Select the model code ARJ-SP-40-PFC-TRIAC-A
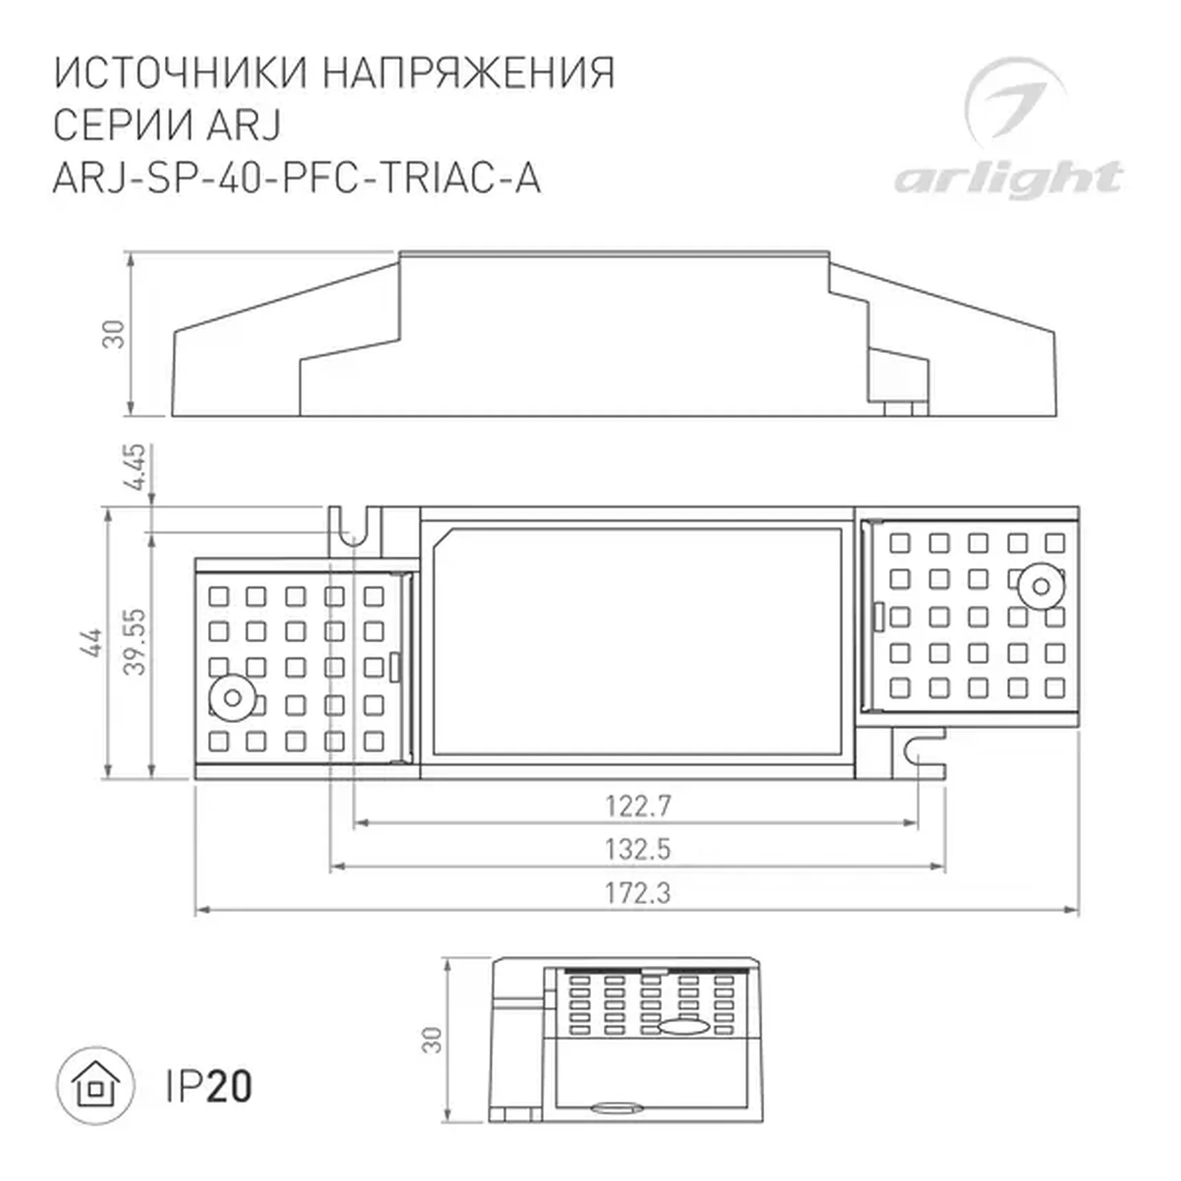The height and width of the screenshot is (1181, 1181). click(x=297, y=179)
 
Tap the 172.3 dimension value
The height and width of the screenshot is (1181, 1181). click(x=637, y=893)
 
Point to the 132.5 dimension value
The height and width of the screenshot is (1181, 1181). click(x=637, y=849)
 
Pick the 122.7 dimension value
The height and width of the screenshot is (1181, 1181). click(x=637, y=805)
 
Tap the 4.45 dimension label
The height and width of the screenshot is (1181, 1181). click(x=135, y=467)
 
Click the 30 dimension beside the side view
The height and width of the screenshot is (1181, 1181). click(x=114, y=334)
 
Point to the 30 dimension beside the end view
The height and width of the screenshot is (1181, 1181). click(x=432, y=1040)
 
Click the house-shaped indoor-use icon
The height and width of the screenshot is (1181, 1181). click(x=95, y=1086)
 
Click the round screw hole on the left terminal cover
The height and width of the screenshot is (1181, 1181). click(x=232, y=698)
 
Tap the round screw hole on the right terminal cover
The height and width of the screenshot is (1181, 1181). click(x=1041, y=586)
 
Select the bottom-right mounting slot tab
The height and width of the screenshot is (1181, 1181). click(x=920, y=753)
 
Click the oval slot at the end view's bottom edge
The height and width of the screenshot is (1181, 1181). click(x=617, y=1107)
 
